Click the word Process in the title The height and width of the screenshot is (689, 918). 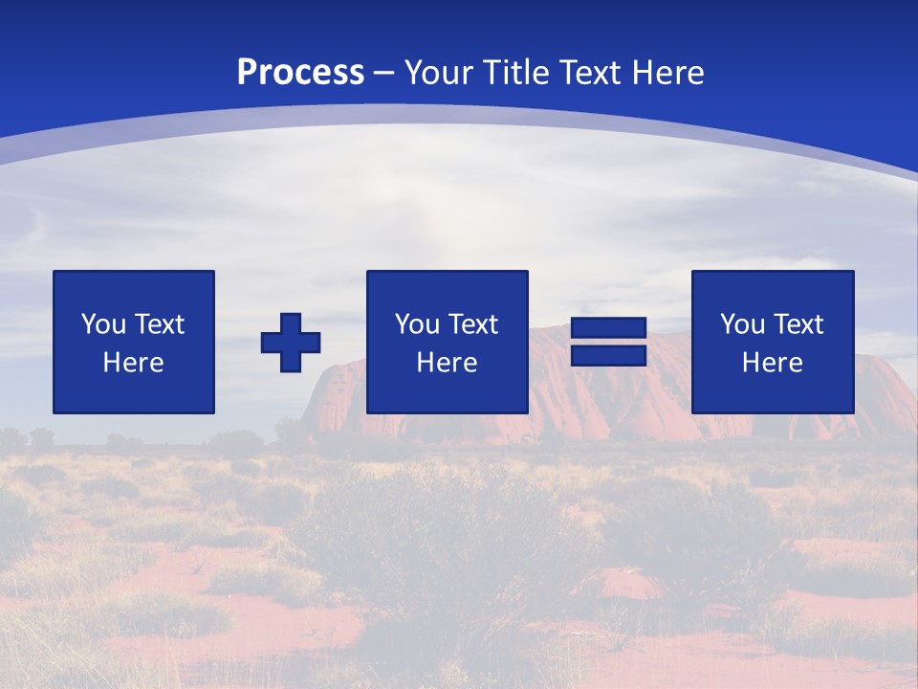(x=300, y=72)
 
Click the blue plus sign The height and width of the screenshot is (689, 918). (x=291, y=342)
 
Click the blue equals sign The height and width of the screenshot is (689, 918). (x=608, y=342)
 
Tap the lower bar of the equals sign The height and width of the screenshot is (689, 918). (x=608, y=355)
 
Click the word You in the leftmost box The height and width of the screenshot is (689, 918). (x=104, y=324)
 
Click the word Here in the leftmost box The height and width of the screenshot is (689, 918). (x=134, y=363)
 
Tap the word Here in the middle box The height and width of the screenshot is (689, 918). (x=447, y=363)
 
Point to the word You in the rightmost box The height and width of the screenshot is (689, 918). (x=743, y=324)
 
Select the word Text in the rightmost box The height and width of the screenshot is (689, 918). (x=799, y=324)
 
